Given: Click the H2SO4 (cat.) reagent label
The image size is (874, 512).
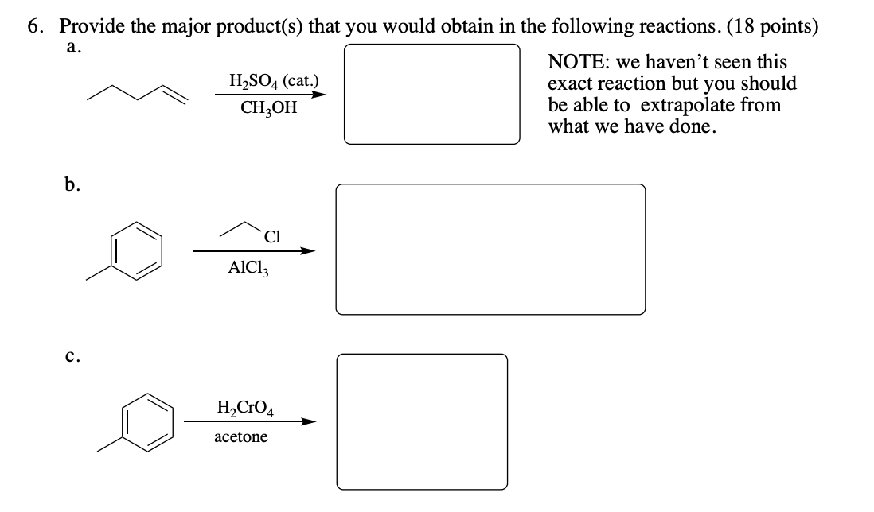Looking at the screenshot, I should click(x=273, y=81).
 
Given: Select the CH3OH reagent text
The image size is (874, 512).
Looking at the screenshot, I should click(x=268, y=107).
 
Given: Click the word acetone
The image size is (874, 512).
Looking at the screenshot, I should click(x=240, y=437).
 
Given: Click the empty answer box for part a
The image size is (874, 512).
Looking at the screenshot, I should click(x=432, y=94).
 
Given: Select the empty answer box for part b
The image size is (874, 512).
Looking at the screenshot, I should click(x=490, y=250).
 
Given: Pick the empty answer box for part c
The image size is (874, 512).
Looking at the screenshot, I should click(x=422, y=421).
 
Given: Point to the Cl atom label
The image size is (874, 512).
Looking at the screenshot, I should click(x=271, y=236).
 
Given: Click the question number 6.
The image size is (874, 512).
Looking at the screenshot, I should click(x=33, y=25).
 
